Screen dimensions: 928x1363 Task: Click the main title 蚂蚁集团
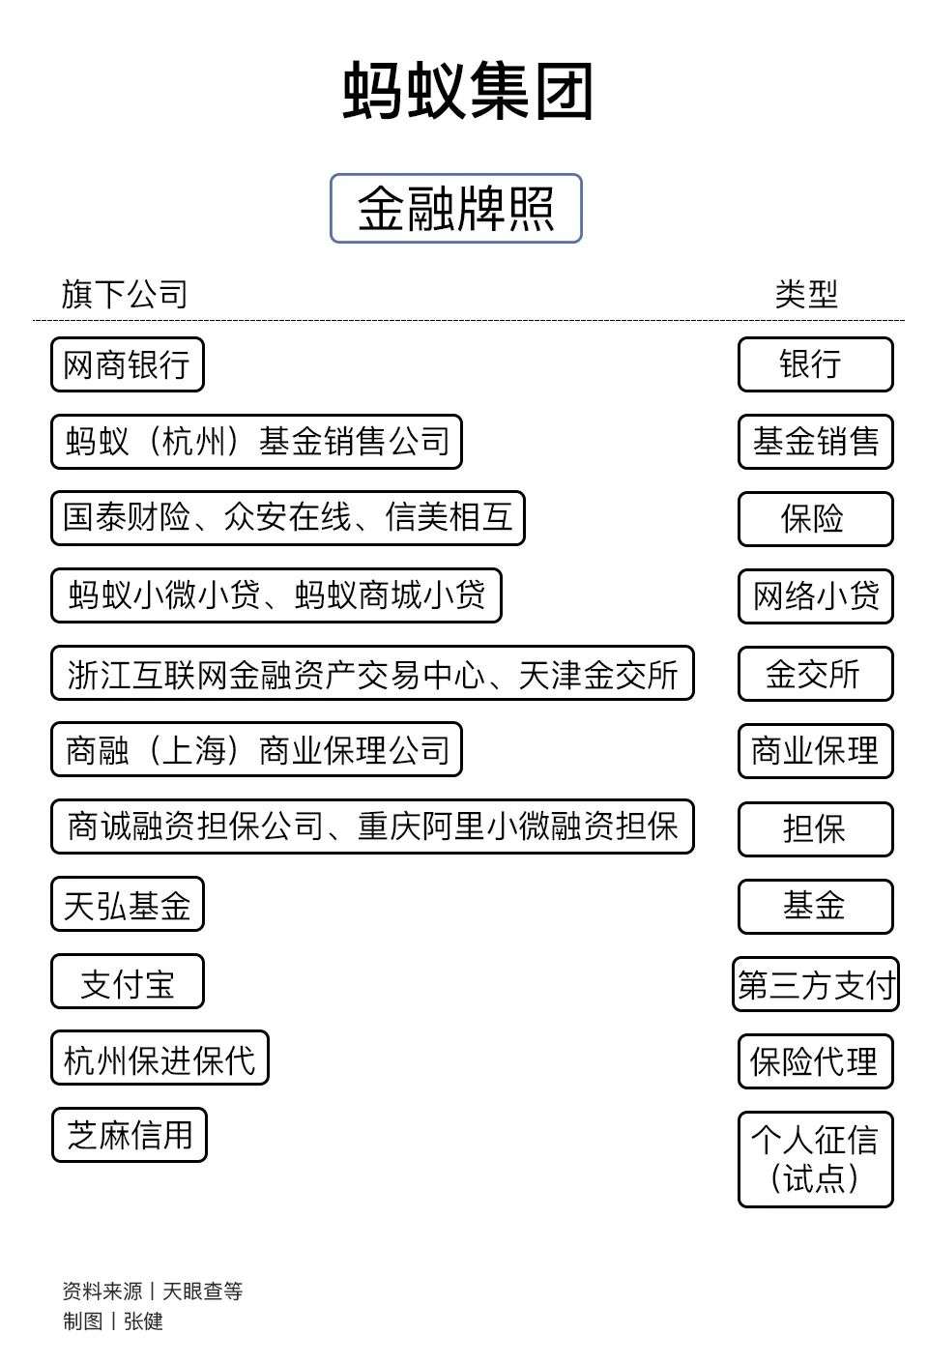pos(467,91)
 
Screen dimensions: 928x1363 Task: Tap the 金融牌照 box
pos(456,208)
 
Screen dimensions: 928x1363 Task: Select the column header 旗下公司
pos(124,294)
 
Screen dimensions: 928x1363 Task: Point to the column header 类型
pos(806,294)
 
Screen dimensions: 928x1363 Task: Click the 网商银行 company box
pos(128,364)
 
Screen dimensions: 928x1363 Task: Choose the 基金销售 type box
pos(816,442)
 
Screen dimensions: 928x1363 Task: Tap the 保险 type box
pos(816,518)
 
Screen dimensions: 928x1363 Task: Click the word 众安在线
pos(287,518)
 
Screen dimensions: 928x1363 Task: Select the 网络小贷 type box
pos(816,595)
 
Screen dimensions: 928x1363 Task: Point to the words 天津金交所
pos(598,674)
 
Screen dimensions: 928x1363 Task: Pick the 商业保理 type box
pos(816,750)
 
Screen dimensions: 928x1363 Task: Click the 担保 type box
pos(816,828)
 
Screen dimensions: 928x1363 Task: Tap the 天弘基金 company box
pos(128,904)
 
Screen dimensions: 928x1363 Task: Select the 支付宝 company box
pos(128,981)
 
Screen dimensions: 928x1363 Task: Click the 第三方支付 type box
pos(816,984)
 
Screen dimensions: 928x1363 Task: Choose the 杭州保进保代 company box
pos(159,1058)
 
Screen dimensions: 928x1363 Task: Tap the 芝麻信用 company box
pos(129,1135)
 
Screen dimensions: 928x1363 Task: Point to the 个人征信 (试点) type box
pos(816,1159)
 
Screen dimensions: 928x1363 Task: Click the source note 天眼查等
pos(203,1290)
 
